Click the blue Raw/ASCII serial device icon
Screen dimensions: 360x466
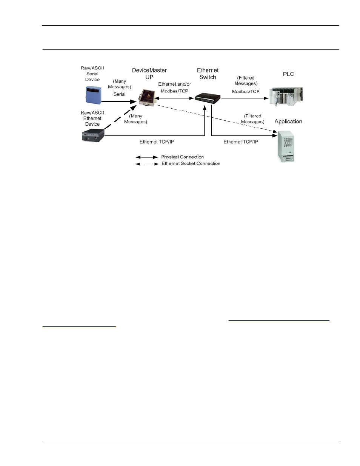tap(93, 95)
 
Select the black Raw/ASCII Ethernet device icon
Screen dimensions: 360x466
tap(93, 135)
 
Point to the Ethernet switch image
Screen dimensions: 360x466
tap(208, 98)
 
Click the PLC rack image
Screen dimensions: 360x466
tap(286, 97)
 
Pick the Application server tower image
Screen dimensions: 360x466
tap(286, 146)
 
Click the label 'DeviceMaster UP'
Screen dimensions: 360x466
tap(149, 74)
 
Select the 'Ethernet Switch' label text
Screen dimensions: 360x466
tap(208, 74)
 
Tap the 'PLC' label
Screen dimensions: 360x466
tap(288, 74)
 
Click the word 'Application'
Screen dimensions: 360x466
tap(288, 121)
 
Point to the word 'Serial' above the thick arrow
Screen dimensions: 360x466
tap(119, 94)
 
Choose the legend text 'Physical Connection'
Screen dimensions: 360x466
tap(183, 157)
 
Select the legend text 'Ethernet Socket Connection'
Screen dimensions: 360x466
tap(191, 163)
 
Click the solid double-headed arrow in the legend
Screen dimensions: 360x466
tap(147, 157)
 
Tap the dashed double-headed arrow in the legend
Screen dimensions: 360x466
tap(147, 164)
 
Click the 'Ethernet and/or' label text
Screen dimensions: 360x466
tap(175, 84)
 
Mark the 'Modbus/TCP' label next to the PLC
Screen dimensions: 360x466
tap(246, 92)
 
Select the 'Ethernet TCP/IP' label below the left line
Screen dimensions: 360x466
tap(157, 142)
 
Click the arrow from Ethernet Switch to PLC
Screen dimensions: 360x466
tap(245, 98)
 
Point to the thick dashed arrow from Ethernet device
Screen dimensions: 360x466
tap(120, 117)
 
